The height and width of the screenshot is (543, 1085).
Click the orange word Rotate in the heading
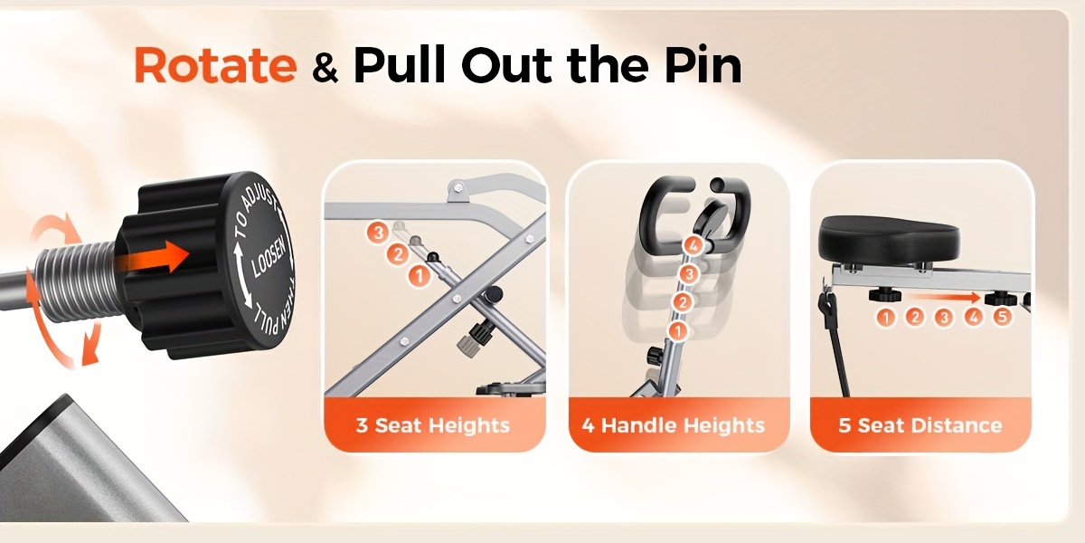pyautogui.click(x=215, y=65)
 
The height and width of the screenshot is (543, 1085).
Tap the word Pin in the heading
pyautogui.click(x=703, y=65)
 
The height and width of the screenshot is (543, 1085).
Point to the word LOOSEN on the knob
pyautogui.click(x=269, y=261)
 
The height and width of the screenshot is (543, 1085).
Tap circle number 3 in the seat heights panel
pyautogui.click(x=377, y=233)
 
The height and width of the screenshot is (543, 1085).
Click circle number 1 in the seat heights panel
pyautogui.click(x=419, y=276)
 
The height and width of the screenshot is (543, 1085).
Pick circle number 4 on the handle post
pyautogui.click(x=693, y=245)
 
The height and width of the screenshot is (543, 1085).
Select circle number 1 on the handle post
pyautogui.click(x=678, y=331)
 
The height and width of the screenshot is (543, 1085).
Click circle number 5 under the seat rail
pyautogui.click(x=1002, y=318)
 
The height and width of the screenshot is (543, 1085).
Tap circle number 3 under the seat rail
pyautogui.click(x=944, y=318)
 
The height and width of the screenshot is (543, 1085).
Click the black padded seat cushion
pyautogui.click(x=889, y=239)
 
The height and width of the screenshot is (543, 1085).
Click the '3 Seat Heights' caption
pyautogui.click(x=432, y=425)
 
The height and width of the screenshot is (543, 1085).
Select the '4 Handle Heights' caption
pyautogui.click(x=674, y=425)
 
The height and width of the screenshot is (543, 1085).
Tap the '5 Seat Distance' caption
pyautogui.click(x=920, y=425)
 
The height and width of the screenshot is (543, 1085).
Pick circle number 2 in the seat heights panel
pyautogui.click(x=398, y=254)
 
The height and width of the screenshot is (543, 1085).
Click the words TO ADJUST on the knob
pyautogui.click(x=254, y=214)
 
